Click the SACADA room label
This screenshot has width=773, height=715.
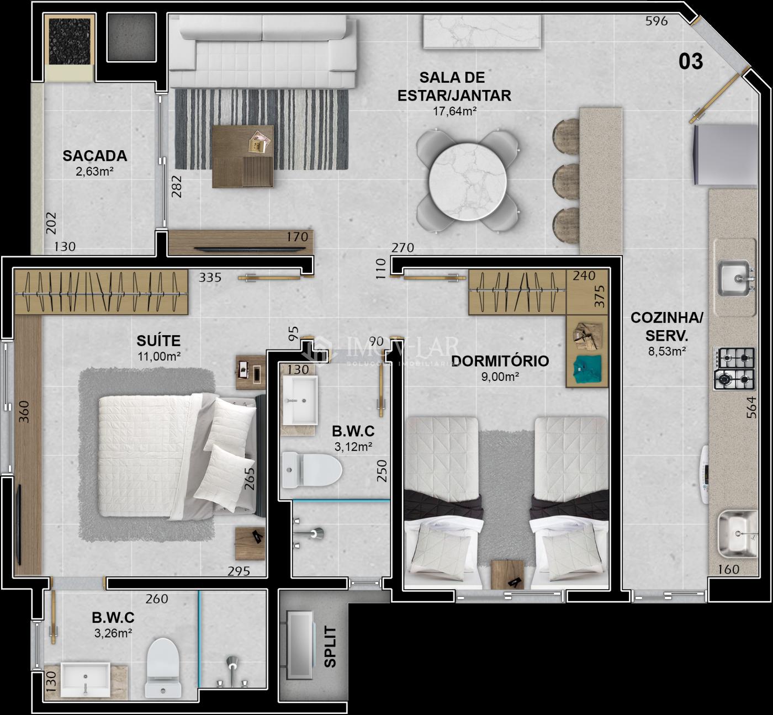(x=95, y=156)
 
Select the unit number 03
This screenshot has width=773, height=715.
(x=691, y=61)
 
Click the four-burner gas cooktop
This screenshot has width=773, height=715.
(x=734, y=369)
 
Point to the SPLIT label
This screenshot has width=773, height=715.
(x=330, y=647)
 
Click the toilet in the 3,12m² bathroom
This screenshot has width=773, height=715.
(x=312, y=470)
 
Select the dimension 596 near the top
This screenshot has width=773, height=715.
(x=656, y=21)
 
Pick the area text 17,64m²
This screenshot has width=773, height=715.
(x=454, y=112)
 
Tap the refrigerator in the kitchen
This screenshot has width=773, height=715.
(x=726, y=155)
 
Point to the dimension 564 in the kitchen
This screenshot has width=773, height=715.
(x=751, y=407)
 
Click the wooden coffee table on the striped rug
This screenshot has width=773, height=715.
(x=243, y=156)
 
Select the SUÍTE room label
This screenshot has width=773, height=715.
(x=158, y=341)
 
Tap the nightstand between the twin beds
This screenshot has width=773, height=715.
(x=507, y=575)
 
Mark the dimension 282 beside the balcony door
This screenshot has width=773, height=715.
(x=177, y=187)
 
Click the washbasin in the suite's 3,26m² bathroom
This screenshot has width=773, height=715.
(x=85, y=680)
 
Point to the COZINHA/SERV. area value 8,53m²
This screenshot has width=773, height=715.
(x=667, y=352)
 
